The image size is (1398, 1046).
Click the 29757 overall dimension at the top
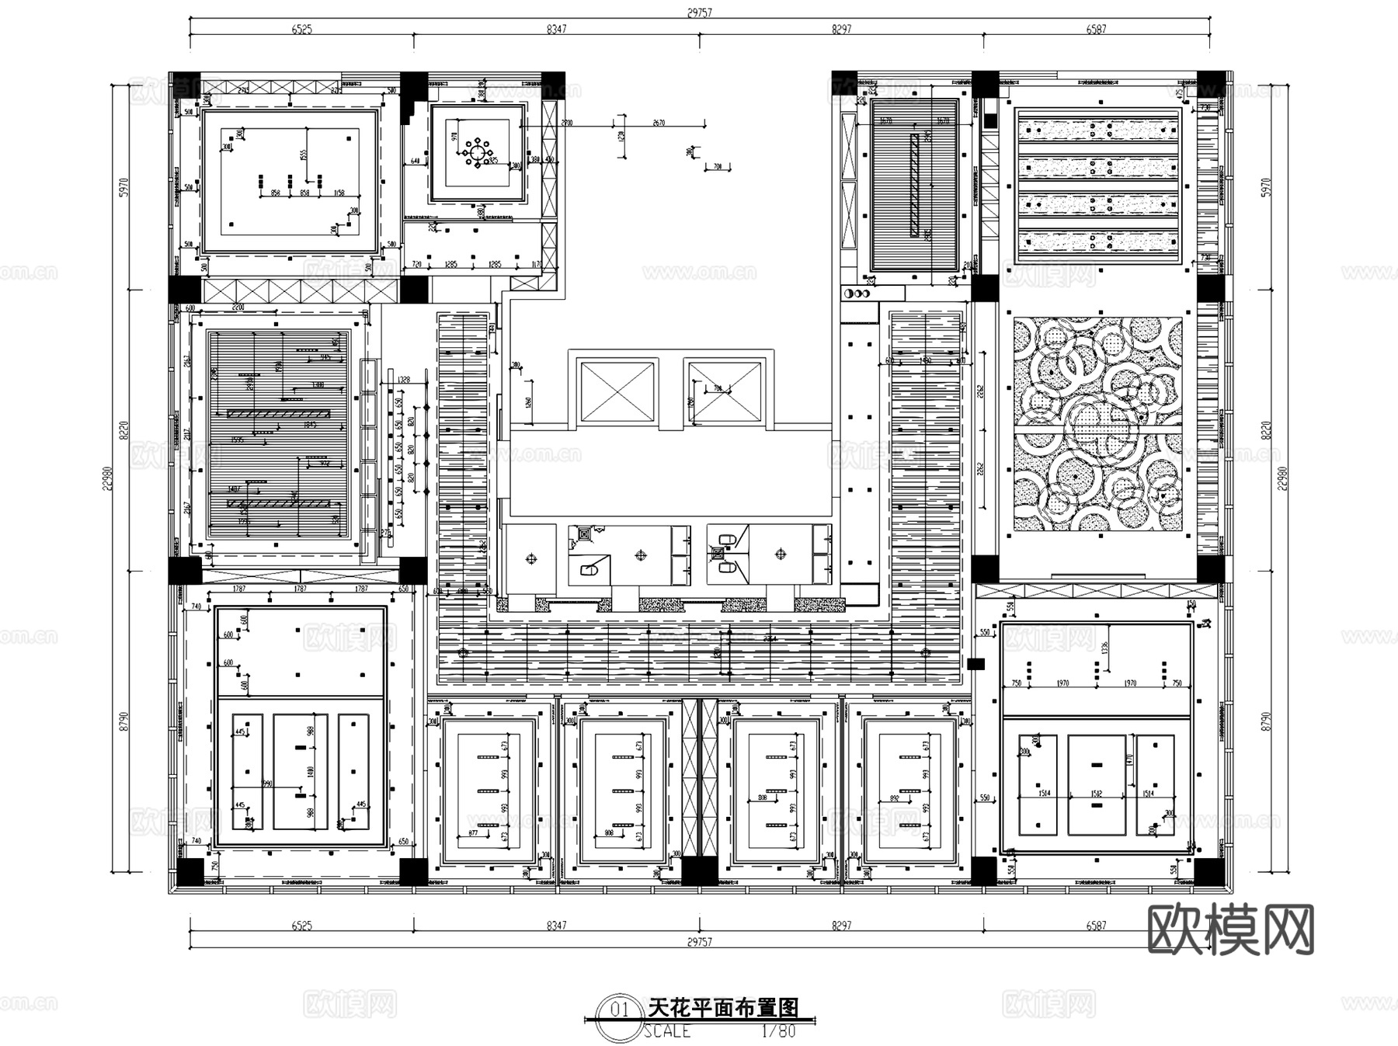[699, 12]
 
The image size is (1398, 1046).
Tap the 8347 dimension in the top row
[556, 30]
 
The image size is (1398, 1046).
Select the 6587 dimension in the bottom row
[1096, 925]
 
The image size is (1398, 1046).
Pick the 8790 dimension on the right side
[1267, 721]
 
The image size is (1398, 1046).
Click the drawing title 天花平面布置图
[723, 1008]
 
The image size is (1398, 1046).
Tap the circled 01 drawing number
[620, 1010]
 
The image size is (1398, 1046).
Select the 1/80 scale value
[778, 1031]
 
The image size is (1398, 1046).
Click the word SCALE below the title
[666, 1031]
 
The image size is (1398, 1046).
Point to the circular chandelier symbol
[477, 152]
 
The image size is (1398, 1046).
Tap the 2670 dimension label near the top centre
[659, 123]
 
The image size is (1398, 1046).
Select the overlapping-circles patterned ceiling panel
[1097, 424]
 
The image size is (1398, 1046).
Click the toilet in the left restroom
[588, 571]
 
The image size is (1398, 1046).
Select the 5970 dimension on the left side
[124, 187]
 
